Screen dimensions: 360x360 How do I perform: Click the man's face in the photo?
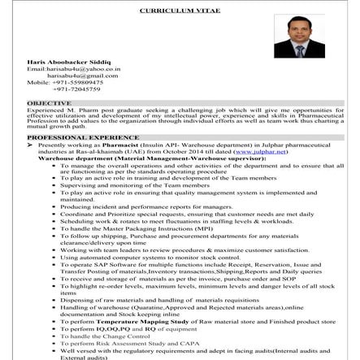[x=298, y=32]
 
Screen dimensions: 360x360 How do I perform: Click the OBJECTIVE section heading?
[x=49, y=104]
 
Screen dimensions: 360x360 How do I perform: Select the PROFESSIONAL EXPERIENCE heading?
[x=82, y=137]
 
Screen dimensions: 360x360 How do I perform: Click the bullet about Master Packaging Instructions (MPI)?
[x=138, y=228]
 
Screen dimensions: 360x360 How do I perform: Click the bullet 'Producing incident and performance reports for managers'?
[x=146, y=206]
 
